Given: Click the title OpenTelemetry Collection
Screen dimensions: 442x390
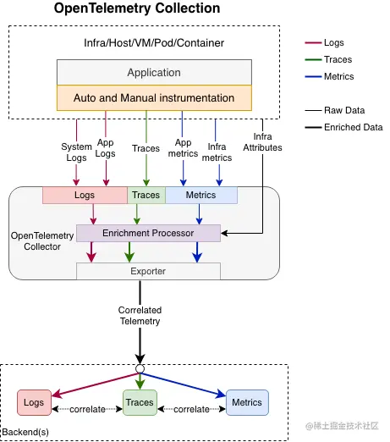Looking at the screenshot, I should (136, 9).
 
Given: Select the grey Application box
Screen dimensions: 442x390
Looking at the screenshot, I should (153, 73).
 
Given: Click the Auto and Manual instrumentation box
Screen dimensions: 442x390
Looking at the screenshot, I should (153, 97).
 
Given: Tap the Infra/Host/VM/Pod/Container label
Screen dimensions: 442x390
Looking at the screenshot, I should (153, 42).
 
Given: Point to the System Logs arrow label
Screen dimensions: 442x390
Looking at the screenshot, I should (76, 152).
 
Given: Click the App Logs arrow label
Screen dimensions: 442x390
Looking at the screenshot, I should (106, 149).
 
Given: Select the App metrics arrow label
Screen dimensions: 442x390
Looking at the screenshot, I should (183, 149).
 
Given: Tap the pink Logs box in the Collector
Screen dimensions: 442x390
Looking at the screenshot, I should (85, 196).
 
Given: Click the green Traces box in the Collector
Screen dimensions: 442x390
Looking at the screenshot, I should (146, 196).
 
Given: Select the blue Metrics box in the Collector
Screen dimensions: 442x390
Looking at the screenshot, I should (201, 196).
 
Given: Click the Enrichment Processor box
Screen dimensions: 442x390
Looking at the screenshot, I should (148, 232).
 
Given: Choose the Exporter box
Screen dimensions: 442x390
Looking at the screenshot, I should (148, 271).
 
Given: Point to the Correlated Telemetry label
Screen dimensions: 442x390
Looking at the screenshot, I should (140, 316).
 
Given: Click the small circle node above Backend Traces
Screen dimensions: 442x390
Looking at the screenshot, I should (140, 369).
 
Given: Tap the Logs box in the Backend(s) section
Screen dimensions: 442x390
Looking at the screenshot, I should (35, 403).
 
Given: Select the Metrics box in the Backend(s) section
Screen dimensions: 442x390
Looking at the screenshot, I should (246, 403).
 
